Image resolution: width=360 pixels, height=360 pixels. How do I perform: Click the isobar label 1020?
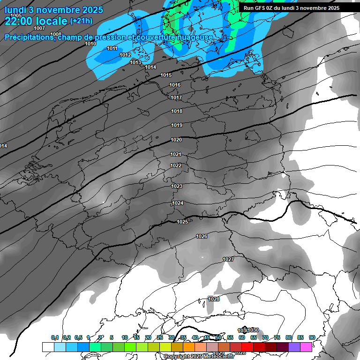tap(176, 140)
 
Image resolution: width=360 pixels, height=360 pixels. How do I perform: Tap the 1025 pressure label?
tap(182, 222)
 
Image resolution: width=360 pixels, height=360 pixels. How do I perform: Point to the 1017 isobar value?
tap(176, 97)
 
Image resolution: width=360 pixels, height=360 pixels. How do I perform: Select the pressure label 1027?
tap(228, 259)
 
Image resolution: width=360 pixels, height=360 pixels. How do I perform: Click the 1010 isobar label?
tap(90, 44)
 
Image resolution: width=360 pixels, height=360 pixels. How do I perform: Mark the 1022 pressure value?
tap(176, 165)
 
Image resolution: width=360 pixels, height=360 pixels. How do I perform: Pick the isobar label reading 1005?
tap(16, 15)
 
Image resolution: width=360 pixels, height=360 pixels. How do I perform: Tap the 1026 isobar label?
tap(202, 236)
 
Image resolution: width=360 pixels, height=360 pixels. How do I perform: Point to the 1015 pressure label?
tap(166, 75)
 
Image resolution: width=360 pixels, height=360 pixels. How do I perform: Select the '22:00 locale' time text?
tap(36, 21)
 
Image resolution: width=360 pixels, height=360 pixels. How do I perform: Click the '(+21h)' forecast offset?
tap(81, 21)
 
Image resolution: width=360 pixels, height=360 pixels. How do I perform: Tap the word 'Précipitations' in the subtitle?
tap(29, 37)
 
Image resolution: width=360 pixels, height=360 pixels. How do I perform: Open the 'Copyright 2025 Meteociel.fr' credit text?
tap(199, 357)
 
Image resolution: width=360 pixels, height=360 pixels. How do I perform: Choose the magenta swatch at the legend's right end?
tap(306, 347)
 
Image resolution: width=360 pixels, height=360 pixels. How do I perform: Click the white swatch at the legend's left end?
tap(48, 347)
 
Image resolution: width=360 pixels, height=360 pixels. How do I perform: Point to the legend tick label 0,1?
tap(55, 337)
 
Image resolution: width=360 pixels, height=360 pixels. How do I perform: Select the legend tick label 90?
tap(312, 337)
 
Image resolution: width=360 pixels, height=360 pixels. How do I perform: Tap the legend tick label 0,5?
tap(78, 337)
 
